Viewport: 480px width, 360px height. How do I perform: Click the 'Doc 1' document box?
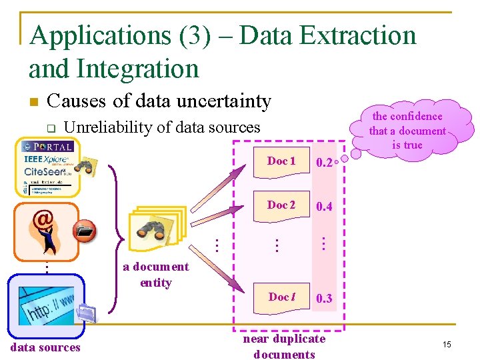[281, 162]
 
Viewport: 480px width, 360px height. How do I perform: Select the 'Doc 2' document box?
[281, 205]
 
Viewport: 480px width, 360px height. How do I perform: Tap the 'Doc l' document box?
[281, 297]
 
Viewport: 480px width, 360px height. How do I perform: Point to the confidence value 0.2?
[325, 163]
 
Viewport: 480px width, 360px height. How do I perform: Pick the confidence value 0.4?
[325, 207]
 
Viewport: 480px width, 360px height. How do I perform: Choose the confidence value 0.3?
[325, 299]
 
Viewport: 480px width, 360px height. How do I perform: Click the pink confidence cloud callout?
[407, 131]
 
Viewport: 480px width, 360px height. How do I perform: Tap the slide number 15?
[447, 344]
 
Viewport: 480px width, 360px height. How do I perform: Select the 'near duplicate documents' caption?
[284, 347]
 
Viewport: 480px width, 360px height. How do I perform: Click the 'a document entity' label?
[156, 275]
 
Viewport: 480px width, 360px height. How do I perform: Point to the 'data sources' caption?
[45, 347]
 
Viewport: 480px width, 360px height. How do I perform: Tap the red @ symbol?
[43, 218]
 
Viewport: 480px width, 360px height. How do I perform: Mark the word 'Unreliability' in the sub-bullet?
[104, 127]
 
